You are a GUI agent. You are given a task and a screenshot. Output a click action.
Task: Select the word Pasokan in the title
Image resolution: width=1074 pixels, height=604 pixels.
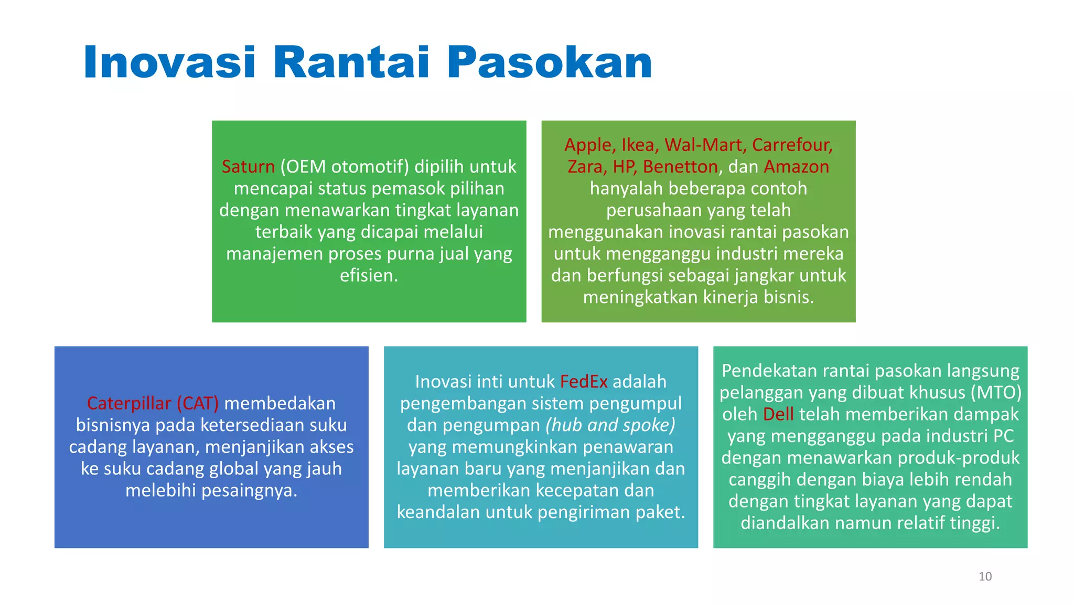[x=549, y=62]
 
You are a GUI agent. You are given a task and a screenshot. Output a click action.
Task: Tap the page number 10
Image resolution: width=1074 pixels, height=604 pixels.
[x=985, y=577]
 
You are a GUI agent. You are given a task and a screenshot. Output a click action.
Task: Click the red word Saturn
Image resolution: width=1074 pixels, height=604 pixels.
[x=248, y=167]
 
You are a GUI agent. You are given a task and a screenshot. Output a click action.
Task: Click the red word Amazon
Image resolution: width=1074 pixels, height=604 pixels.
[x=796, y=167]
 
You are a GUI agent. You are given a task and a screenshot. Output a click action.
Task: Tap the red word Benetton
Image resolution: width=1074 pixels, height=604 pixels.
[x=680, y=167]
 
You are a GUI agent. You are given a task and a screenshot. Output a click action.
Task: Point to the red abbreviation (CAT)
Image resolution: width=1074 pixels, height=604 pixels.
[x=198, y=403]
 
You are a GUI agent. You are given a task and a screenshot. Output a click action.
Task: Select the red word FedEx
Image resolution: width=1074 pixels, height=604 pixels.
[x=583, y=382]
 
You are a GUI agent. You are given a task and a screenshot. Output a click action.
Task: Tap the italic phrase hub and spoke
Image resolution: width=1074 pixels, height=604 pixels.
[x=610, y=425]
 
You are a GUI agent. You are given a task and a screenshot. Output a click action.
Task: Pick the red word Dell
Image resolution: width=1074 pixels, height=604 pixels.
[x=778, y=414]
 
